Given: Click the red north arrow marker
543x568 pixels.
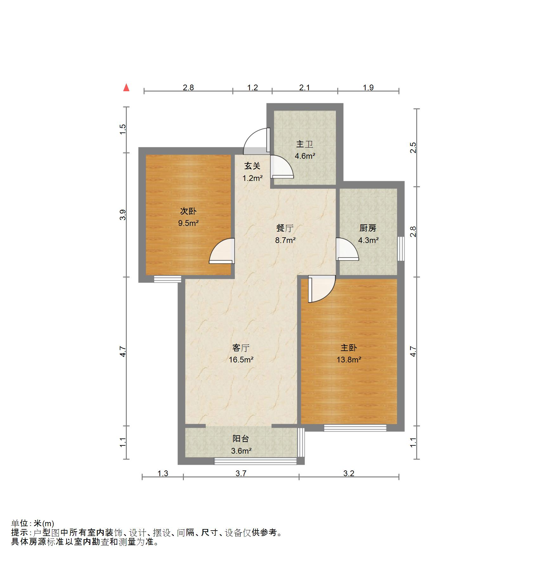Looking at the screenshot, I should (x=126, y=87).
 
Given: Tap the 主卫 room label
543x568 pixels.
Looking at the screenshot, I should (x=305, y=144).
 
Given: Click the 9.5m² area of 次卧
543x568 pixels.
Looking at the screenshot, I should (x=188, y=223).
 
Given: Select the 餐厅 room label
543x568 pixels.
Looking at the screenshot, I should (x=285, y=228).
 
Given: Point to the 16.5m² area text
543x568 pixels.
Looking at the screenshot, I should (x=241, y=360).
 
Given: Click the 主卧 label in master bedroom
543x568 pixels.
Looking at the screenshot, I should (x=349, y=348).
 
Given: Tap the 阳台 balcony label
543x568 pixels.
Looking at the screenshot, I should (x=241, y=439).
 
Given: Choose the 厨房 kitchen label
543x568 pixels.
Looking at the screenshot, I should (x=368, y=228).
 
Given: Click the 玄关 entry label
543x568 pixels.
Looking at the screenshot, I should (x=252, y=166).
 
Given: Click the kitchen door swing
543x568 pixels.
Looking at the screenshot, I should (x=346, y=250).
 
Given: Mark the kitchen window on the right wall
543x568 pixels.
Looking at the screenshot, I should (x=401, y=249).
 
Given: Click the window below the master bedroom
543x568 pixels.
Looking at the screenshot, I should (x=355, y=428).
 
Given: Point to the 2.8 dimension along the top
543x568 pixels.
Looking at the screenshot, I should (x=188, y=87).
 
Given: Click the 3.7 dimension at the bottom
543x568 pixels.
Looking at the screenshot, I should (x=241, y=473).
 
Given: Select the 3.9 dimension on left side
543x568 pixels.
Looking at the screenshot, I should (x=123, y=215).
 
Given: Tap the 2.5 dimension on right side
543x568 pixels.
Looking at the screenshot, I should (x=413, y=148).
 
